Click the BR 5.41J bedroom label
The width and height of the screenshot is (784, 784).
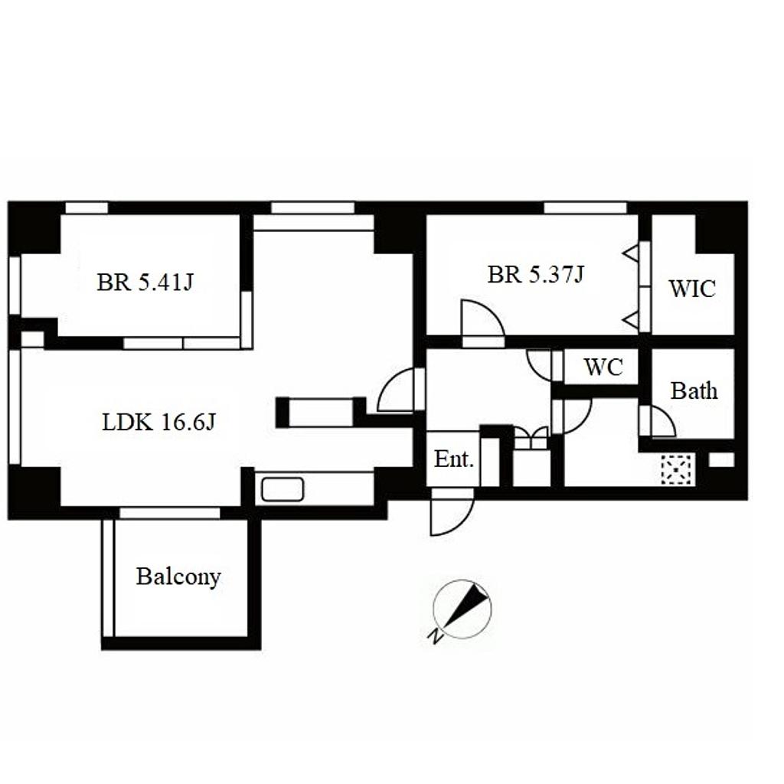tap(145, 283)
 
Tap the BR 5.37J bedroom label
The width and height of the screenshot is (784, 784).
tap(535, 275)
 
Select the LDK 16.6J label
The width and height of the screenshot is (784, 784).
tap(158, 423)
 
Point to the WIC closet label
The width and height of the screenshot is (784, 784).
tap(692, 289)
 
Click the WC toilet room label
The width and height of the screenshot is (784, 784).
tap(603, 367)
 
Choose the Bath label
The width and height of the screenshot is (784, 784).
tap(694, 390)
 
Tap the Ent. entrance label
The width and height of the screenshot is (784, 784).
tap(453, 459)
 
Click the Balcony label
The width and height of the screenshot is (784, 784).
tap(178, 577)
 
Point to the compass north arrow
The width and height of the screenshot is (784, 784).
tap(465, 606)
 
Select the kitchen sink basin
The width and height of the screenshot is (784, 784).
tap(283, 489)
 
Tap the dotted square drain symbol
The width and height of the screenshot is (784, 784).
tap(677, 469)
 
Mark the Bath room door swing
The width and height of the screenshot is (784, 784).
tap(665, 415)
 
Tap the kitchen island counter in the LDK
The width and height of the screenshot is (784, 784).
tap(321, 413)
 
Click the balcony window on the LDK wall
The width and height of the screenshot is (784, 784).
tap(170, 512)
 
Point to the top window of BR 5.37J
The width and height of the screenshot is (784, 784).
tap(585, 207)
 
